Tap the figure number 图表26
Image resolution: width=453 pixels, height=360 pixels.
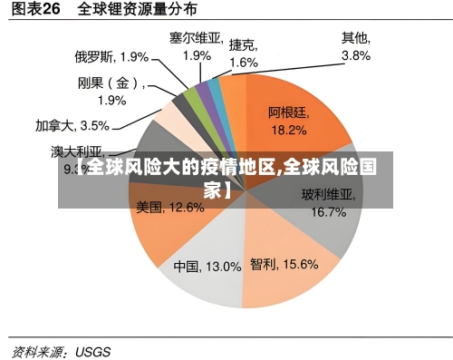point(35,10)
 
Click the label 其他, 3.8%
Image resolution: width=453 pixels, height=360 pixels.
point(355,47)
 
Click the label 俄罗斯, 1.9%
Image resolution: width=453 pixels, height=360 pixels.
point(111,56)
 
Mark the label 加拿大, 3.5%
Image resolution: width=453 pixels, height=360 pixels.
point(72,125)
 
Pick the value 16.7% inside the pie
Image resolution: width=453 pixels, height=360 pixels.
point(328,212)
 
